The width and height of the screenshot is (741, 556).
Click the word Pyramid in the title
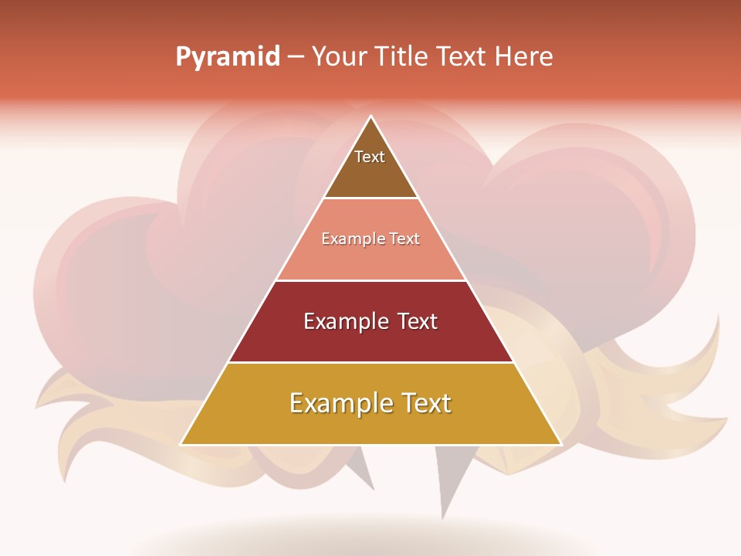coord(227,57)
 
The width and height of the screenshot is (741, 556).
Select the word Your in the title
coord(337,56)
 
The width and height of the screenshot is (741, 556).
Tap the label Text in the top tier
coord(370,157)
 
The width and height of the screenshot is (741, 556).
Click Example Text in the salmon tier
coord(370,239)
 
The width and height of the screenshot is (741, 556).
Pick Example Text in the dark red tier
coord(370,321)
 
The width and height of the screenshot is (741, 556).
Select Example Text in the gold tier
coord(370,403)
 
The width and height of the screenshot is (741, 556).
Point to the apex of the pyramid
coord(371,117)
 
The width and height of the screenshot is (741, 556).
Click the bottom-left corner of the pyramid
coord(182,443)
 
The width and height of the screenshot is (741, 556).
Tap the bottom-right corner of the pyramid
coord(560,443)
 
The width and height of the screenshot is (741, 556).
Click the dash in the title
coord(296,57)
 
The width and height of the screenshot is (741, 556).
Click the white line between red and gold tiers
coord(370,362)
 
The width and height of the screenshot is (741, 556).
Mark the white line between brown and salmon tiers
coord(370,198)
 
